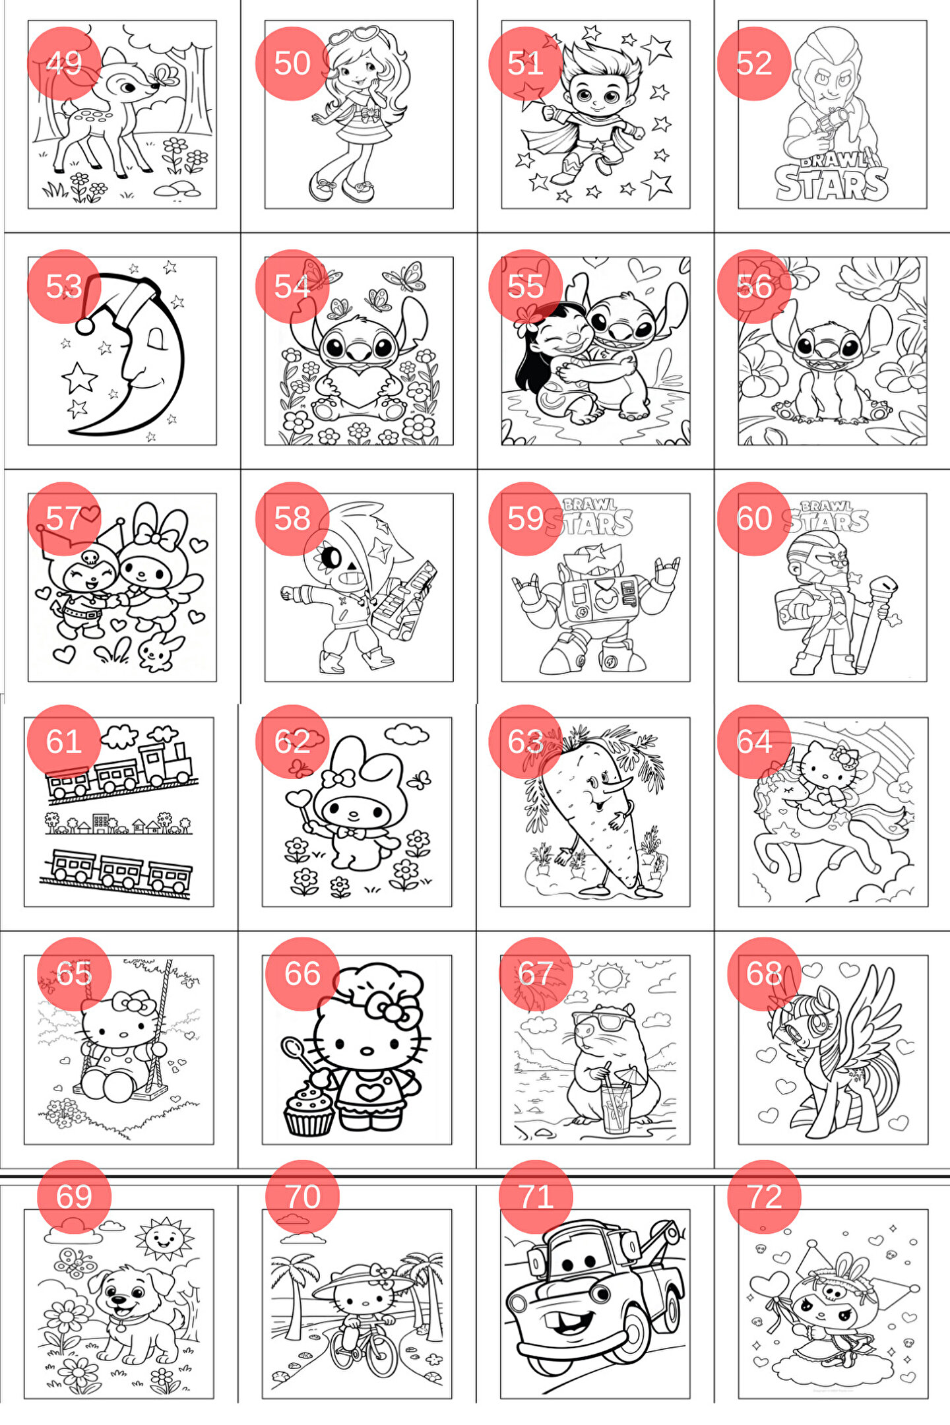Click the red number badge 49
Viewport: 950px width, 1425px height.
(x=64, y=63)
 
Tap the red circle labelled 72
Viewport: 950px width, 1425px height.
(x=764, y=1196)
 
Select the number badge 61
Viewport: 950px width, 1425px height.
(x=64, y=741)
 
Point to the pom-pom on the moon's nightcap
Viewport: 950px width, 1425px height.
(x=84, y=326)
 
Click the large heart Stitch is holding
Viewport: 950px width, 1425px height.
(x=356, y=387)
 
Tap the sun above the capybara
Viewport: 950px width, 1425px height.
(x=609, y=978)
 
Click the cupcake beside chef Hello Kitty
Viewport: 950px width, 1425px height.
(x=308, y=1110)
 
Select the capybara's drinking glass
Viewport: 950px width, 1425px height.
(x=617, y=1105)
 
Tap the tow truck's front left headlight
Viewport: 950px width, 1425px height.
(x=518, y=1302)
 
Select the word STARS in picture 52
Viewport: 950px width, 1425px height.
(x=831, y=183)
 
